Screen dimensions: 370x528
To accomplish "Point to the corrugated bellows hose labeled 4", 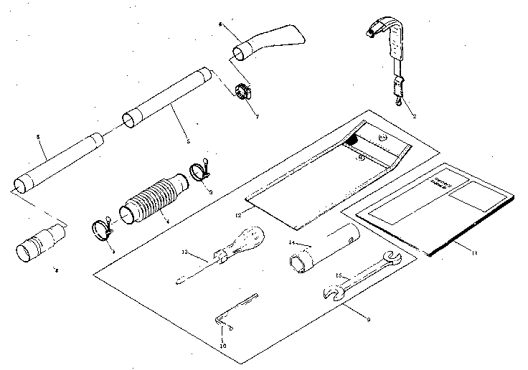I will click(x=154, y=199).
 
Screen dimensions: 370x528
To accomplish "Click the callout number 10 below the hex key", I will click(x=223, y=346).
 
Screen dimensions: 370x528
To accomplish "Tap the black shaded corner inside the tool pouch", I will click(x=352, y=141).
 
